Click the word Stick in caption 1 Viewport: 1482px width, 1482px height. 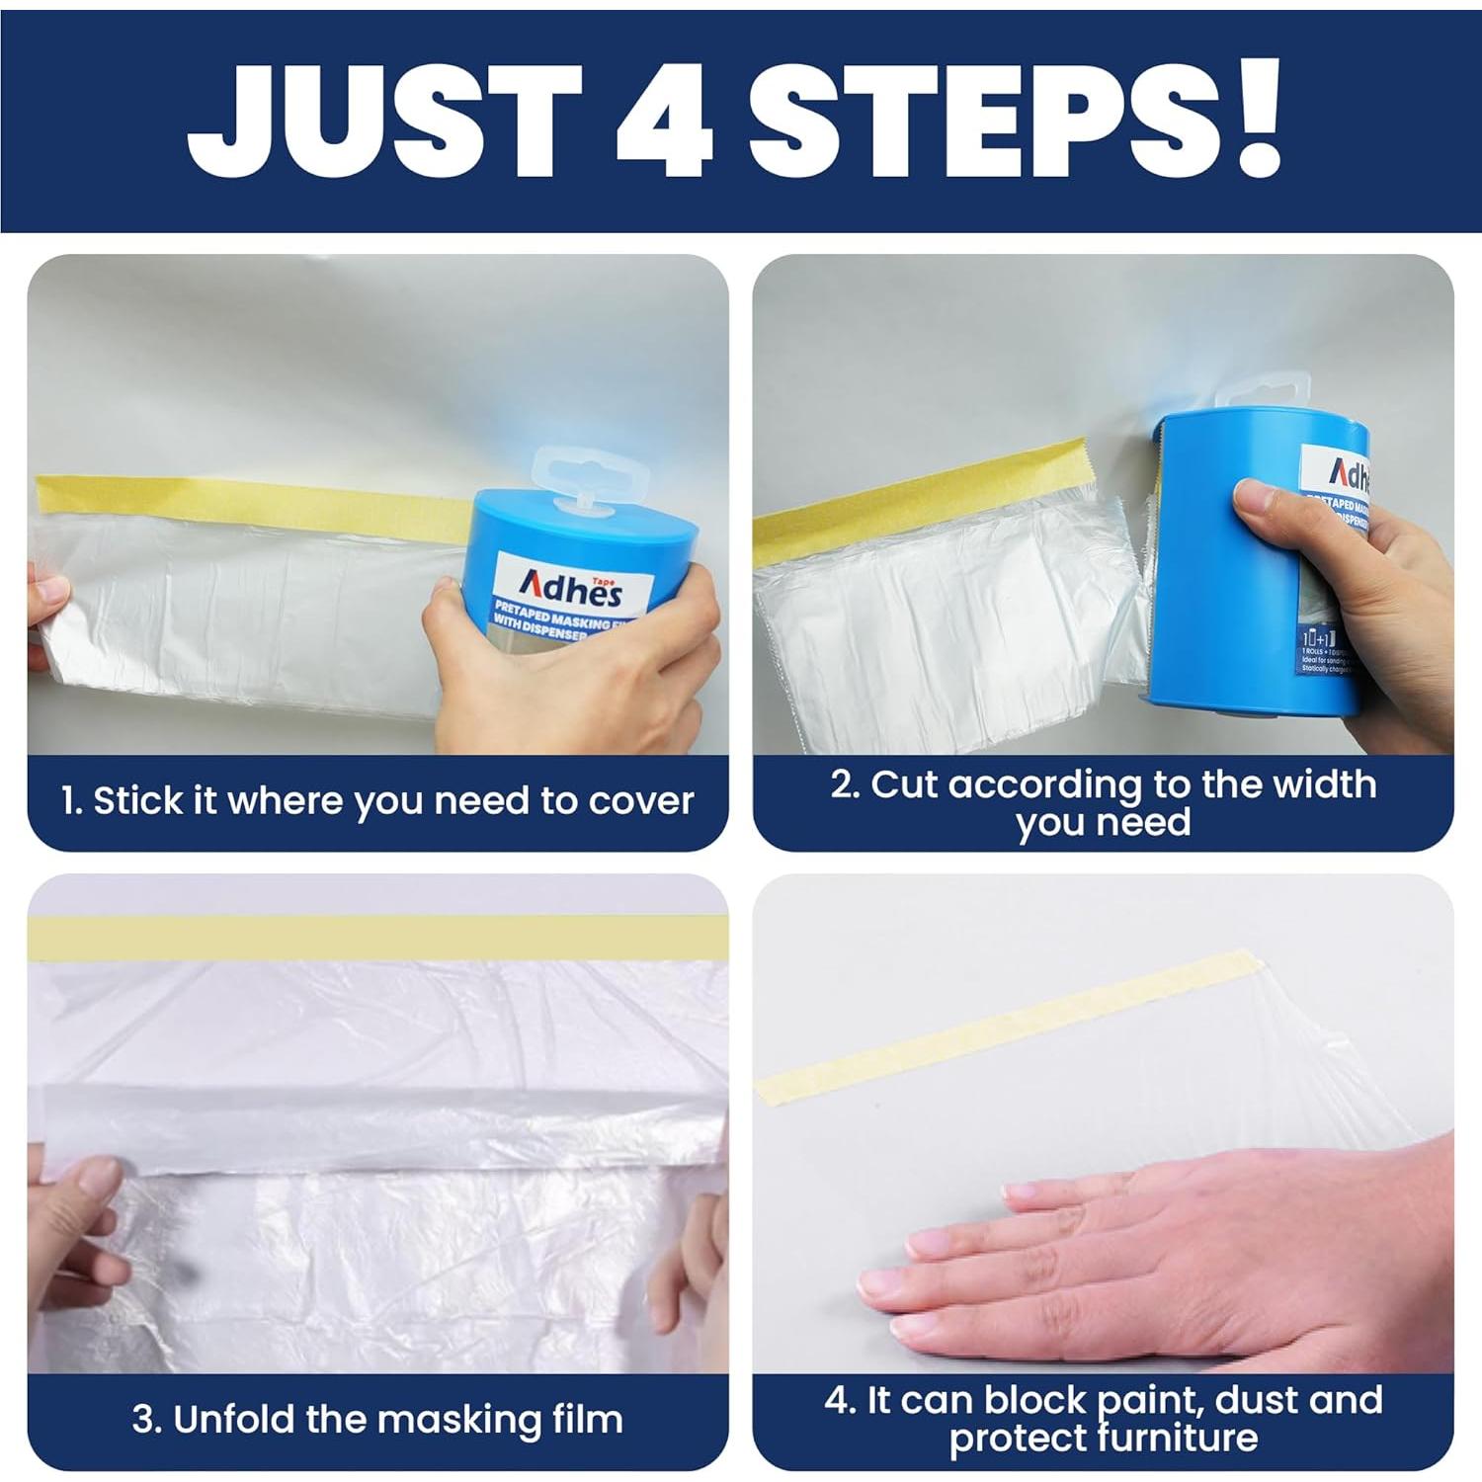pyautogui.click(x=138, y=800)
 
